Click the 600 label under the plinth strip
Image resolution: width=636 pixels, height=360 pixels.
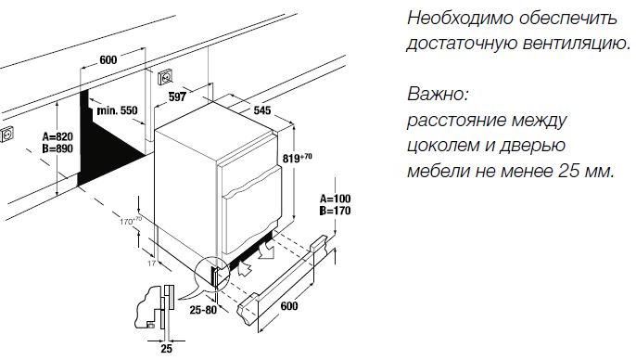[290, 306]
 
